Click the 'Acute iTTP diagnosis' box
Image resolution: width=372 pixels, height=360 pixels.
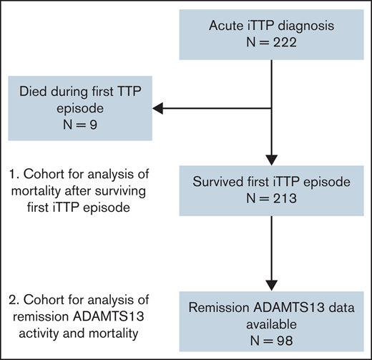click(x=271, y=34)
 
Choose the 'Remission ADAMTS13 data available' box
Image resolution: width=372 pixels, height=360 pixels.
click(x=271, y=319)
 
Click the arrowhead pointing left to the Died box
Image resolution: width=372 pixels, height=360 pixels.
click(x=159, y=108)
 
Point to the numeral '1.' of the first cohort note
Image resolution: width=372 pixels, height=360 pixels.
click(x=15, y=175)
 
